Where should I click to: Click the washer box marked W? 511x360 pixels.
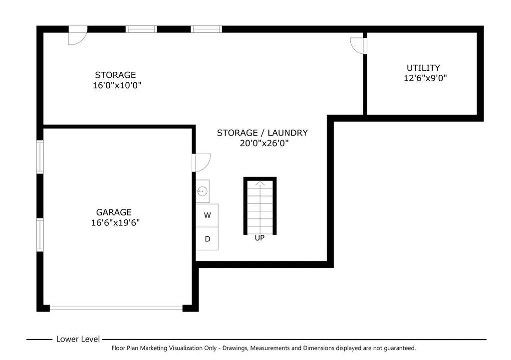tap(207, 215)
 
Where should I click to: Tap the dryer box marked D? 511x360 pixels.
tap(207, 239)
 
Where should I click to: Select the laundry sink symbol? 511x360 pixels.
tap(203, 191)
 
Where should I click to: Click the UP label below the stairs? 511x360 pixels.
tap(259, 238)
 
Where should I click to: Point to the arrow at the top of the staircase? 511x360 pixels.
tap(259, 183)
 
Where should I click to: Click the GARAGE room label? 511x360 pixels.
tap(114, 212)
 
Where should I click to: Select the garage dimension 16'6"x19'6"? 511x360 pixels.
tap(115, 223)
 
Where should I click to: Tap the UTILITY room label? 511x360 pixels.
tap(423, 68)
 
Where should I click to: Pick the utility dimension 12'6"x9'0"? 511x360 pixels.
tap(425, 78)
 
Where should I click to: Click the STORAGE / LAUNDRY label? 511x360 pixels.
tap(262, 133)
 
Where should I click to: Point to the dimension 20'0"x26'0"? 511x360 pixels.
tap(264, 143)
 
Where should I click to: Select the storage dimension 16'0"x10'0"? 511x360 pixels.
tap(117, 85)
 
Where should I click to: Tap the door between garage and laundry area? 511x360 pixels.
tap(201, 163)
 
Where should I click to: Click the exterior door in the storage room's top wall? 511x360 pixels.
tap(78, 35)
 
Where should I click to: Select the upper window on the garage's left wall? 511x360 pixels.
tap(40, 157)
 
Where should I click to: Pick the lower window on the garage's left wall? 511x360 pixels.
tap(40, 235)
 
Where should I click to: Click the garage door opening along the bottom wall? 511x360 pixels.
tap(116, 308)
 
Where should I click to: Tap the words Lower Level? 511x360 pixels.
tap(78, 339)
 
